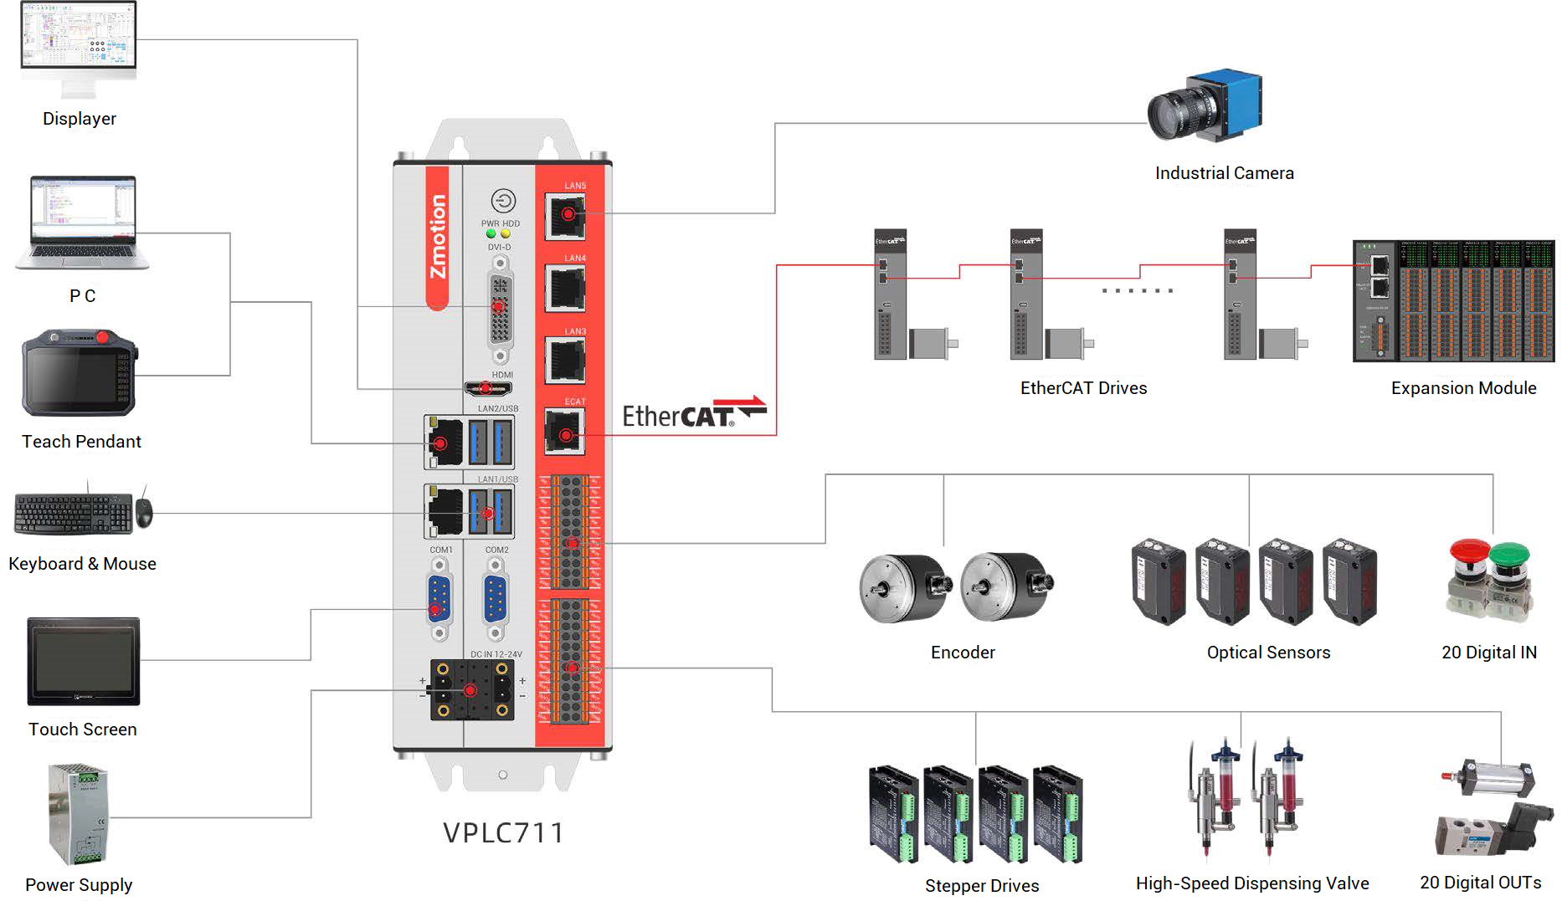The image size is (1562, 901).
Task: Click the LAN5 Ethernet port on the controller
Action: click(x=565, y=215)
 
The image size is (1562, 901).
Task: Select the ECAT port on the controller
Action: click(x=565, y=433)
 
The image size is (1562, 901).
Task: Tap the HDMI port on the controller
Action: click(x=488, y=388)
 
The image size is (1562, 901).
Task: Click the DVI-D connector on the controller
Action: click(x=500, y=308)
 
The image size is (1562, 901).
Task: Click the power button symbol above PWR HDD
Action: click(x=503, y=201)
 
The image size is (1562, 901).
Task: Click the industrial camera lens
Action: click(x=1172, y=115)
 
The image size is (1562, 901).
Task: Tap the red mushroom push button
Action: click(x=1469, y=555)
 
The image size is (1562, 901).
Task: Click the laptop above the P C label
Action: click(x=82, y=223)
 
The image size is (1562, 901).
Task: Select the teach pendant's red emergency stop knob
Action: click(x=102, y=338)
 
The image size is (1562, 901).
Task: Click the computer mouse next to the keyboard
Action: click(x=144, y=513)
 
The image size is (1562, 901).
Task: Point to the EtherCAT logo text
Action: click(x=678, y=417)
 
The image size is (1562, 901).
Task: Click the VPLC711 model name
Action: click(x=503, y=833)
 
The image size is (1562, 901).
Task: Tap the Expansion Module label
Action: click(x=1463, y=388)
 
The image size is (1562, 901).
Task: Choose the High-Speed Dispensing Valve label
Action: click(x=1251, y=883)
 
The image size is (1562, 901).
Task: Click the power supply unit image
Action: click(x=78, y=814)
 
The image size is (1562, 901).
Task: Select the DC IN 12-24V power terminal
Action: click(x=471, y=690)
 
